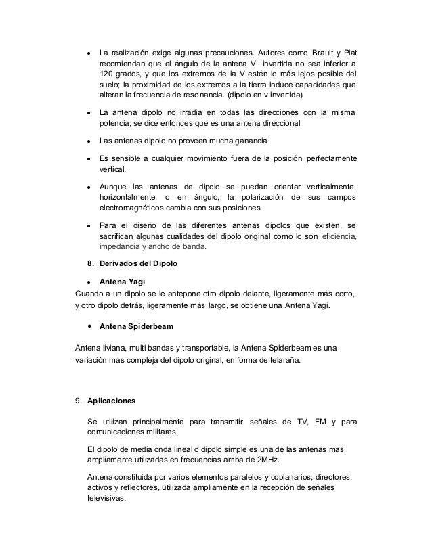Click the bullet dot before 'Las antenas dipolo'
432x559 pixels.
88,141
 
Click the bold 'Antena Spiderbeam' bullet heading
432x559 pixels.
136,327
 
